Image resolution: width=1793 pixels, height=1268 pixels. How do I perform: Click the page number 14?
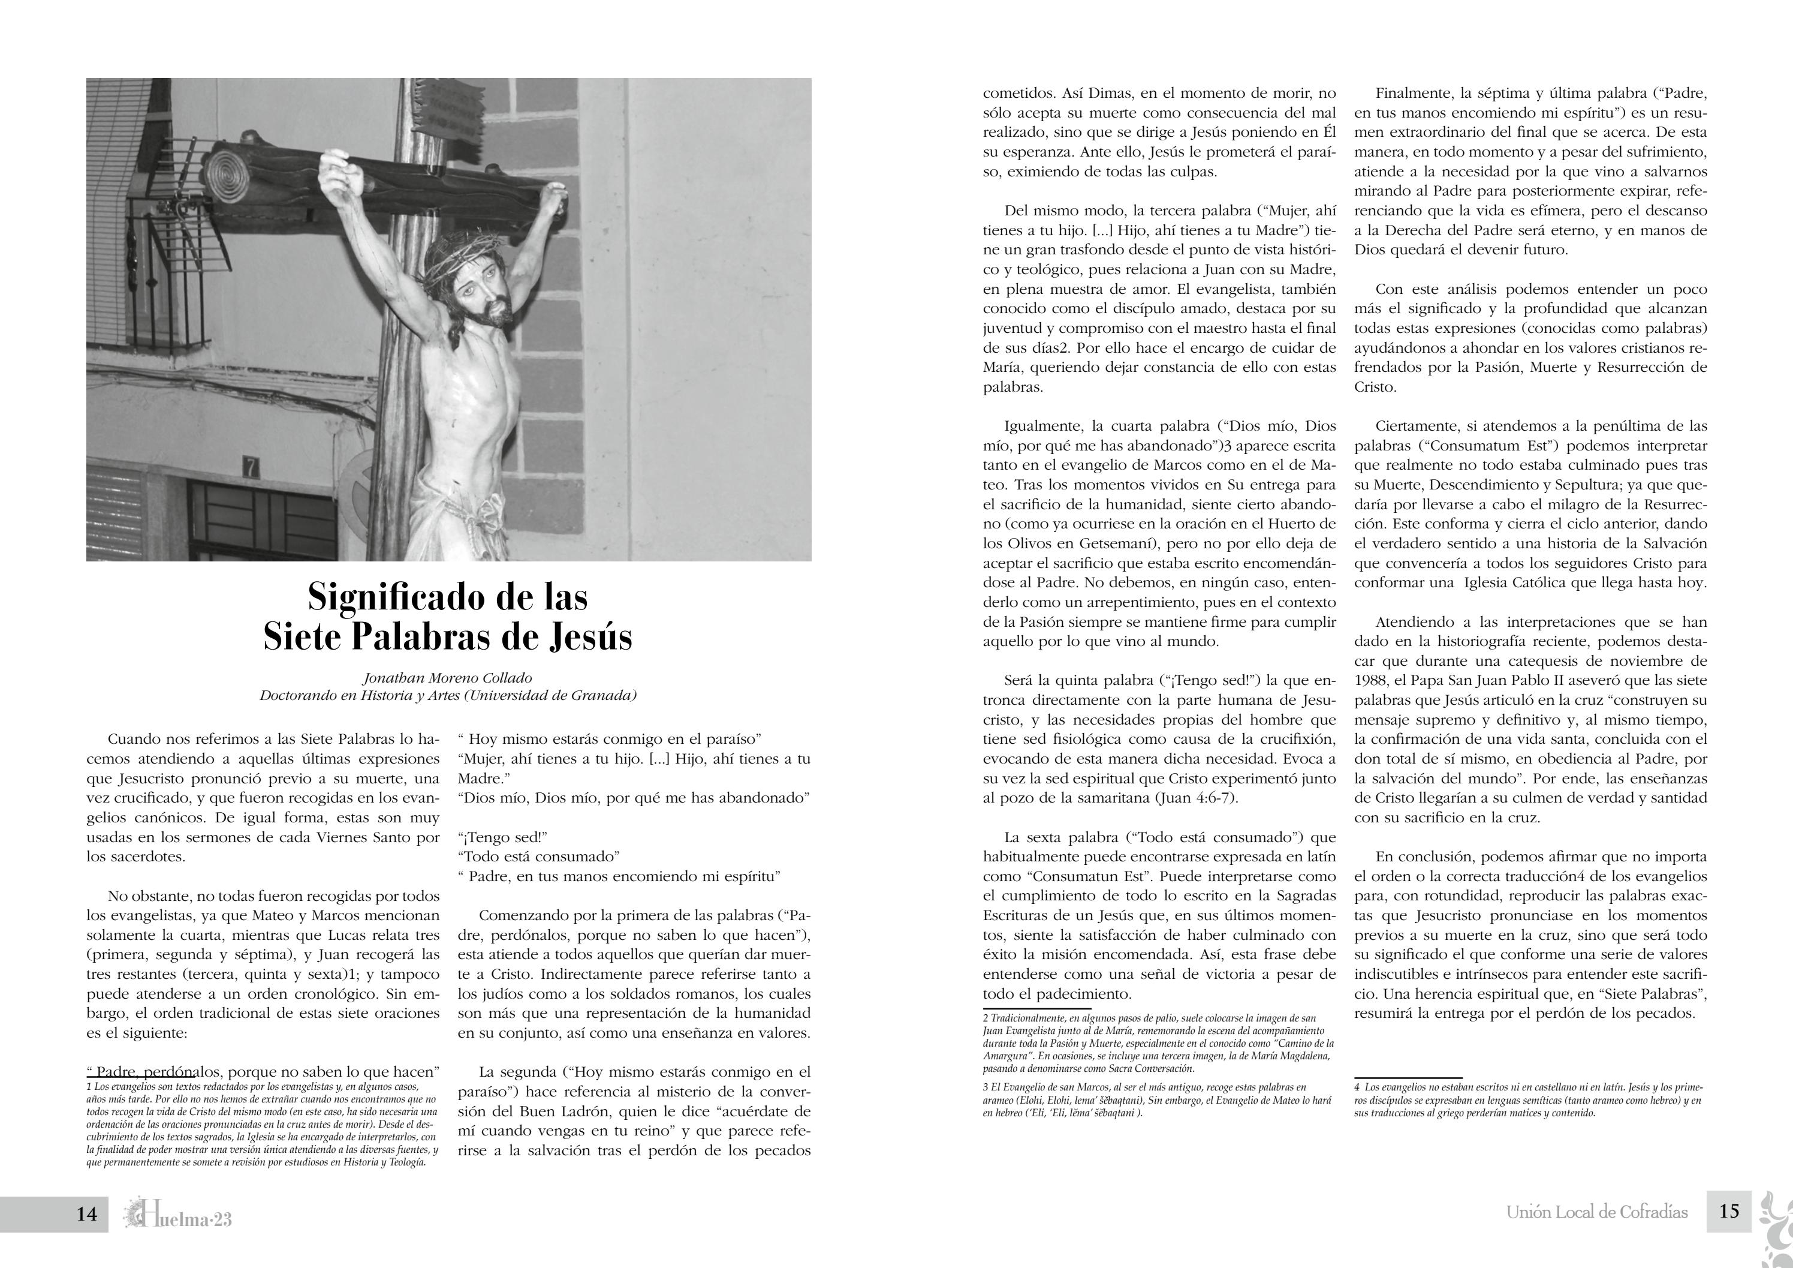coord(87,1213)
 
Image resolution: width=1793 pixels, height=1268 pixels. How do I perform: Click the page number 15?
coord(1729,1211)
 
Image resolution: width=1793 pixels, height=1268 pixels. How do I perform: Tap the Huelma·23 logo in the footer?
coord(179,1215)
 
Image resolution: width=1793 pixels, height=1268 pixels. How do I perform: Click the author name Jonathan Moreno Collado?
coord(447,678)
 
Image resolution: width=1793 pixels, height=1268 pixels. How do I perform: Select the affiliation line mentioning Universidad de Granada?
coord(447,696)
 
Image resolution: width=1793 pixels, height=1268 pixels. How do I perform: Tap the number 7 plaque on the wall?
coord(251,468)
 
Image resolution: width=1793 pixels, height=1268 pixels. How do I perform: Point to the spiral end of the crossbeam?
coord(234,170)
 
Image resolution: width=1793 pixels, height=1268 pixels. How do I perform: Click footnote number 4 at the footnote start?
coord(1357,1087)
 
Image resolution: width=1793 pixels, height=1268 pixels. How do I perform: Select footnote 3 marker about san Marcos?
coord(986,1087)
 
